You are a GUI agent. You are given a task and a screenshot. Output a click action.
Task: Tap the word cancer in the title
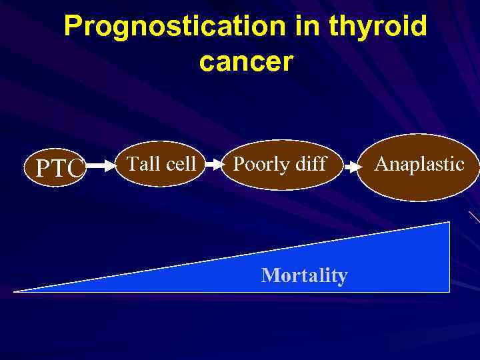coord(245,61)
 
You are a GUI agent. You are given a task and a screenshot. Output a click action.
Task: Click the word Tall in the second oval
coord(141,163)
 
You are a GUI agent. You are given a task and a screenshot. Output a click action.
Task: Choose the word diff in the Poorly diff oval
coord(309,164)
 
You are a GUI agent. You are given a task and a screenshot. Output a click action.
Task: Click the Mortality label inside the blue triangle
coord(305,275)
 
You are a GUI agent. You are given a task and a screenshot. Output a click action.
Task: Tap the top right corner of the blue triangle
coord(449,223)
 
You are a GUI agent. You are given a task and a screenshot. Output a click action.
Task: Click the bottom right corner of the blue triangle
coord(449,291)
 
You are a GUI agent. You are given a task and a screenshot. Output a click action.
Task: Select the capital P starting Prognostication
coord(73,27)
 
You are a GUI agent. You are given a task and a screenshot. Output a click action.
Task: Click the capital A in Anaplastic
coord(381,164)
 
